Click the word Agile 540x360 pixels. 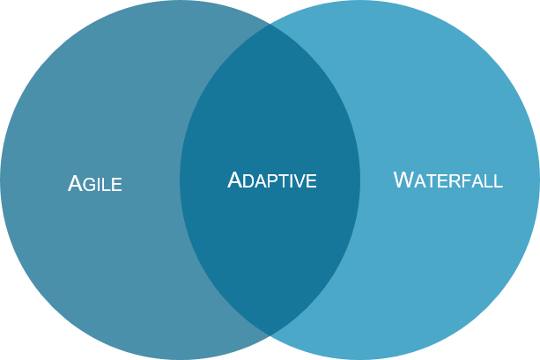coord(95,184)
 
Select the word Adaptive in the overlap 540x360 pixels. coord(271,180)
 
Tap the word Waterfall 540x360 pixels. coord(448,180)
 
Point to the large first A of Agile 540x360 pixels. coord(75,183)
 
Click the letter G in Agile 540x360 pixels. coord(89,185)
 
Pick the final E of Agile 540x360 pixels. coord(116,185)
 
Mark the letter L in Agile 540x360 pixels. coord(107,185)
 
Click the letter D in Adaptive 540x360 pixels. coord(248,181)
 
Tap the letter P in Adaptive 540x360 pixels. coord(271,181)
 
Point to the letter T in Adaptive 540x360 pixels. coord(281,181)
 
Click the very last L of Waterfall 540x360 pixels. coord(499,181)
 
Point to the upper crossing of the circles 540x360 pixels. coord(270,24)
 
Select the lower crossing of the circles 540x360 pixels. coord(270,335)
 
